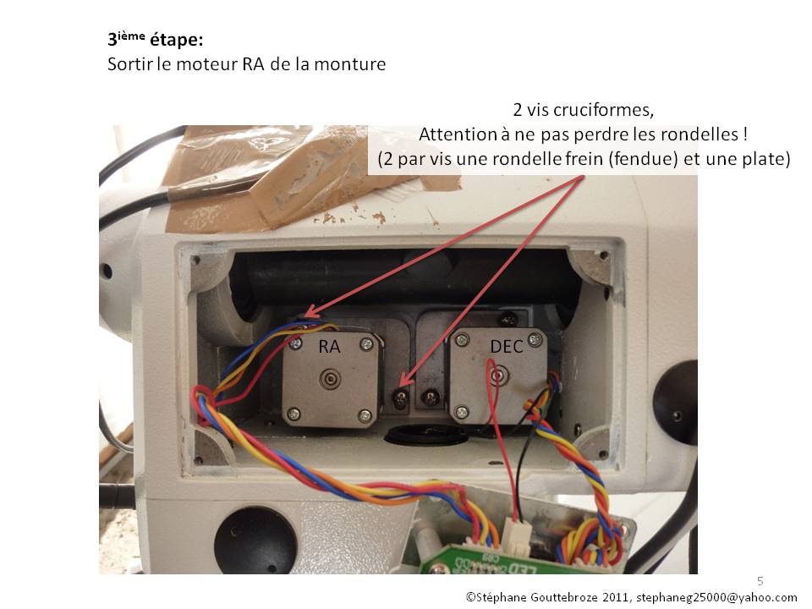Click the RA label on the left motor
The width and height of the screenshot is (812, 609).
point(329,346)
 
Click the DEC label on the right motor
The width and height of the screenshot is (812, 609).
point(505,346)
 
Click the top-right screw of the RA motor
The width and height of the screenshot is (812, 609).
point(365,343)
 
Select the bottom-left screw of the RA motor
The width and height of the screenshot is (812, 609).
point(293,414)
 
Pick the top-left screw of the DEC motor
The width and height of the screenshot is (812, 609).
point(462,340)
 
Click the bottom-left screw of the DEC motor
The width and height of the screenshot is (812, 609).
point(462,412)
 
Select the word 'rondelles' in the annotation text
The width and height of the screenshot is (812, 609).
point(694,134)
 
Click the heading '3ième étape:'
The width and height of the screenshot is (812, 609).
point(155,40)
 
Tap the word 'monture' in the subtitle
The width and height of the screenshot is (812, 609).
point(348,65)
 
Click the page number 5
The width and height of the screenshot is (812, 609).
point(760,580)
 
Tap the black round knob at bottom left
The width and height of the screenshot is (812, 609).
point(255,540)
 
